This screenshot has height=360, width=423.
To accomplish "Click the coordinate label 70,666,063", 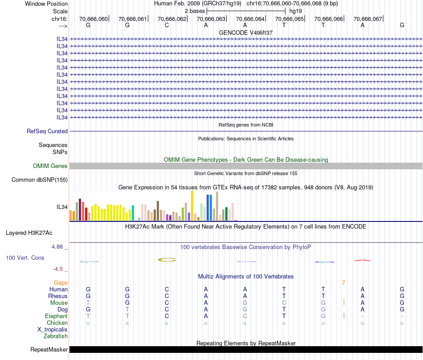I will click(211, 19).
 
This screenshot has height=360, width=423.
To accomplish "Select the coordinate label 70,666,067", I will click(368, 19).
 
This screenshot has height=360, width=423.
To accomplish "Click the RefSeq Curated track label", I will click(47, 131).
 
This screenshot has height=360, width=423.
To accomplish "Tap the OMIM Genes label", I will click(50, 166).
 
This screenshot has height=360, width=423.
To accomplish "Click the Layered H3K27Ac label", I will click(29, 233).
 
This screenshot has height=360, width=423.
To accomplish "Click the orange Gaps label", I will click(61, 283).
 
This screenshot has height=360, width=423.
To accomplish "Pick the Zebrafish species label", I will click(56, 336).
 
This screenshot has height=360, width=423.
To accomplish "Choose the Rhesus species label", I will click(58, 296).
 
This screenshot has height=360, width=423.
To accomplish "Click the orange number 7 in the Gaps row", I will click(343, 283).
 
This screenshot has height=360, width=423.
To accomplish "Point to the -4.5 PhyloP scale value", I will click(60, 269).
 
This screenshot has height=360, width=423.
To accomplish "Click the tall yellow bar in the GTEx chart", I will click(192, 205).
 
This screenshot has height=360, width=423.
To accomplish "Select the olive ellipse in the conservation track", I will click(167, 259).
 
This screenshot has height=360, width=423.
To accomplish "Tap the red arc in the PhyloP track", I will click(362, 260).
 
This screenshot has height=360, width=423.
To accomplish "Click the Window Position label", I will click(46, 4).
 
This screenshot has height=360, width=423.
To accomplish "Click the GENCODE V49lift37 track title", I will click(246, 33).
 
